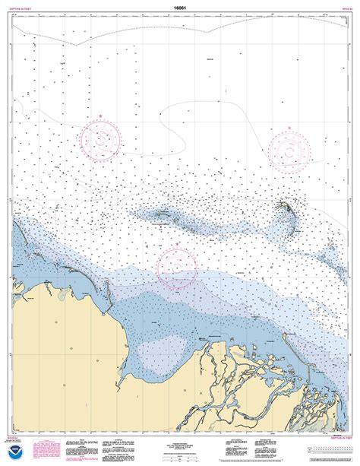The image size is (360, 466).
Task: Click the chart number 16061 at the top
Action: click(x=179, y=7)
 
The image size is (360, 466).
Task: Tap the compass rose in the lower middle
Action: click(x=176, y=265)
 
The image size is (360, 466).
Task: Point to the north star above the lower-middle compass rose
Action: click(x=176, y=244)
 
